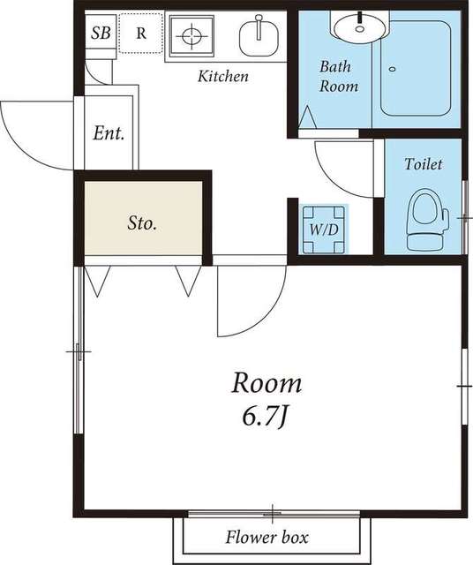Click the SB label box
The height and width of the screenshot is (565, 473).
(x=101, y=34)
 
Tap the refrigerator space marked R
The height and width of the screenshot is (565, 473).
(x=141, y=34)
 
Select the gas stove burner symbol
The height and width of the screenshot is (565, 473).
(x=191, y=35)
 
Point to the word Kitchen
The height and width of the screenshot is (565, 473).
(x=223, y=77)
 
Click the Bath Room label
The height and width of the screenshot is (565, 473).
(x=339, y=77)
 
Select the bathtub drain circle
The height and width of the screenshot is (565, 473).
(x=393, y=69)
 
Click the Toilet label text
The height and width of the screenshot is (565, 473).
(x=423, y=164)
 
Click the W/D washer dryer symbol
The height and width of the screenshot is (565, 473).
(x=324, y=230)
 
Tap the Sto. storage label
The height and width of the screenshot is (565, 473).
(x=142, y=223)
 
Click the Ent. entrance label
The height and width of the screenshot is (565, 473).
(x=109, y=133)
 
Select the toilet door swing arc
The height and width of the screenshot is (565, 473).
(x=331, y=179)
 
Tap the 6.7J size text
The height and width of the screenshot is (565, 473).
(x=265, y=418)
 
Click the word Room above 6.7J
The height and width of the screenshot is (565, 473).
(x=267, y=383)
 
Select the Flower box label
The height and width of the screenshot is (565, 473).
(x=267, y=538)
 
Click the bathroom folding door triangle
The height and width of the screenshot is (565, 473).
(x=307, y=117)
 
